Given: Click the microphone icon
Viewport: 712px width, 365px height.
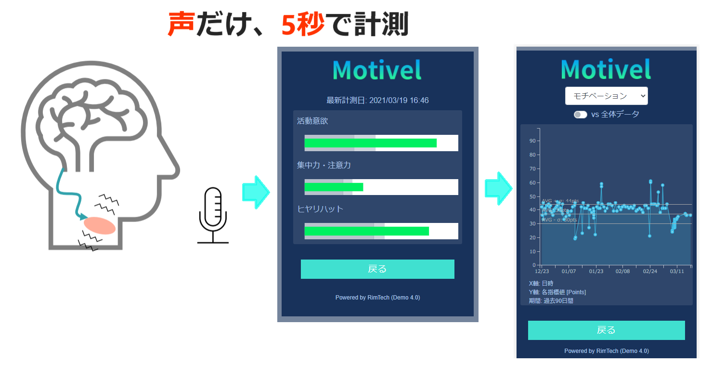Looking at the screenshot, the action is (213, 215).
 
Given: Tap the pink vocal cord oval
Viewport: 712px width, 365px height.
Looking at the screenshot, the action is (100, 225).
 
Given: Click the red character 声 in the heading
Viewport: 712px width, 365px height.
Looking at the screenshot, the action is (181, 24).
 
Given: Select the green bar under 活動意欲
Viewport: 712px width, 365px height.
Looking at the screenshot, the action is (370, 143).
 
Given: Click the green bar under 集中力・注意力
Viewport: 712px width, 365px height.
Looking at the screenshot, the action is (334, 187).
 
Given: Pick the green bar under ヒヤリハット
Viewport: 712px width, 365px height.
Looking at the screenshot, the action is (366, 231).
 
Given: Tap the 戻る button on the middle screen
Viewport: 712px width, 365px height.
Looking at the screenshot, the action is (377, 269).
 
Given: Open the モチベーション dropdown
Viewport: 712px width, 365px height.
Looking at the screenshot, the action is (606, 96).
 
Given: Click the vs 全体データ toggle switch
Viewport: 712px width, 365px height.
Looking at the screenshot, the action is (581, 115).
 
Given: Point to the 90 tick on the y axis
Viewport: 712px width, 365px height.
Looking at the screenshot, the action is (532, 141).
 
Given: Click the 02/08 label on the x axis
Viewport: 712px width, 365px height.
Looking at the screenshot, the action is (623, 272).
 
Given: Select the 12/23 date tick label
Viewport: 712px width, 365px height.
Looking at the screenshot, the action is (542, 272).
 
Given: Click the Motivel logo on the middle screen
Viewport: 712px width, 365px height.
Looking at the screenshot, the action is (377, 70).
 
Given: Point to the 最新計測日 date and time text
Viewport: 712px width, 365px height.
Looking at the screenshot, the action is (377, 101).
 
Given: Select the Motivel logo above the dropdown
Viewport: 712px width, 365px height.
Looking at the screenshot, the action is (606, 69).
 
